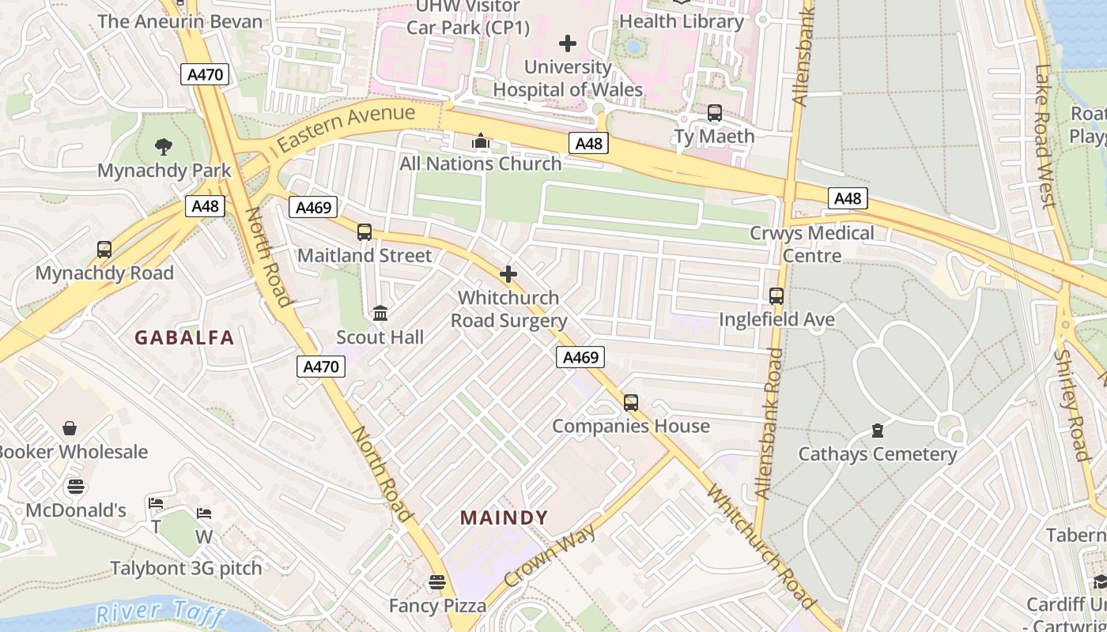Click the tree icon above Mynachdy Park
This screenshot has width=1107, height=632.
pyautogui.click(x=164, y=146)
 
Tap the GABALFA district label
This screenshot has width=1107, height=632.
pyautogui.click(x=184, y=338)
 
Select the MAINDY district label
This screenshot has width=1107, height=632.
pyautogui.click(x=504, y=518)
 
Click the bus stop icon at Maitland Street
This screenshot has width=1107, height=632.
pyautogui.click(x=364, y=232)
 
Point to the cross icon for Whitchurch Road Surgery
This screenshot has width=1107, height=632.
pyautogui.click(x=508, y=274)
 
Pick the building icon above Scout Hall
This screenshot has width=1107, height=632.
pyautogui.click(x=380, y=314)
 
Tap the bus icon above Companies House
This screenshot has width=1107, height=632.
pyautogui.click(x=630, y=403)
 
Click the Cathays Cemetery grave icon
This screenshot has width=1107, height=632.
pyautogui.click(x=877, y=431)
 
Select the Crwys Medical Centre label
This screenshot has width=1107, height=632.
pyautogui.click(x=812, y=244)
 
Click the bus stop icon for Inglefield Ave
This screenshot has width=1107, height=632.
pyautogui.click(x=776, y=296)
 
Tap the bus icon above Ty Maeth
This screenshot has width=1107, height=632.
pyautogui.click(x=714, y=113)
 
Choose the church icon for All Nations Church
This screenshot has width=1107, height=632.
pyautogui.click(x=480, y=141)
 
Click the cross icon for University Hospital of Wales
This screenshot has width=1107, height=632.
pyautogui.click(x=568, y=43)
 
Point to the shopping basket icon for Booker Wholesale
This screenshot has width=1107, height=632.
pyautogui.click(x=70, y=428)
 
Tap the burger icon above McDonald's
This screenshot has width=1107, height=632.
pyautogui.click(x=76, y=487)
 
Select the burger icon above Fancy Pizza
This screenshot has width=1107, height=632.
pyautogui.click(x=437, y=583)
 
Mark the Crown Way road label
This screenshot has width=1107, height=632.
pyautogui.click(x=549, y=555)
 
